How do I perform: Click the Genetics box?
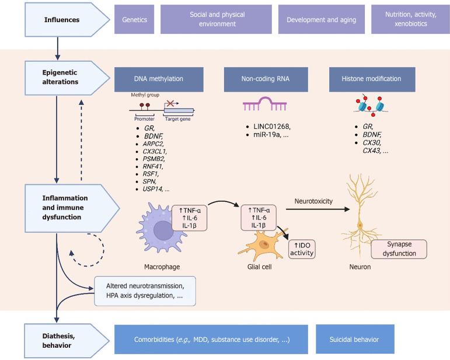(x=134, y=20)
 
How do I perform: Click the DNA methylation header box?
(x=159, y=78)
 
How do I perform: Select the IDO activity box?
(x=301, y=249)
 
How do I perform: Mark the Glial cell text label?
(x=258, y=267)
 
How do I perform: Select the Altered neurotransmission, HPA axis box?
(x=144, y=291)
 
